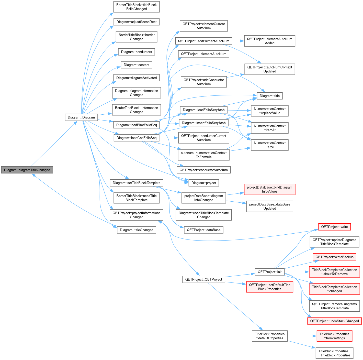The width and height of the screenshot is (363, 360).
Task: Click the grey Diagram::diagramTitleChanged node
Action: coord(27,170)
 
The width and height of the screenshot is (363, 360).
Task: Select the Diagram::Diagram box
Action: coord(81,117)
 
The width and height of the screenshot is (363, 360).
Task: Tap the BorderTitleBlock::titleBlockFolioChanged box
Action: coord(137,7)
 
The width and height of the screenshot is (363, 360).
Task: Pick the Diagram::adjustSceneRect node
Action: coord(137,22)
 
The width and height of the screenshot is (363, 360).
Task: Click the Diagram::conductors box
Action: coord(137,52)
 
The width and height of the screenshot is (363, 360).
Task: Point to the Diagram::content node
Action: coord(137,65)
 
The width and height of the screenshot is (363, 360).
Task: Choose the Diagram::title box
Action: coord(269,96)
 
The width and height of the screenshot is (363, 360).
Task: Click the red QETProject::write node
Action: coord(334,227)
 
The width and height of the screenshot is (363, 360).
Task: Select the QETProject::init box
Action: coord(269,272)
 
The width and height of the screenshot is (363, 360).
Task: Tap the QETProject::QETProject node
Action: coord(204,279)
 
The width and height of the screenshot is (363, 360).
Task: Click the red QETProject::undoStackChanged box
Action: coord(334,321)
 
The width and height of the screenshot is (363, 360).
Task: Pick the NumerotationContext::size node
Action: coord(269,145)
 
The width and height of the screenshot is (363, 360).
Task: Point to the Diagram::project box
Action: coord(204,183)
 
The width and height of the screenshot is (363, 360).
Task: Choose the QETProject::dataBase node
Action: coord(204,230)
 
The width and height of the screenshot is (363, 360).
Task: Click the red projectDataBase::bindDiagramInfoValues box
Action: coord(269,189)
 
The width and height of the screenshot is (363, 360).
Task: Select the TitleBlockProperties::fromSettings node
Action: coord(334,336)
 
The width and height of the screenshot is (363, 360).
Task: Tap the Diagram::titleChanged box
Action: coord(137,230)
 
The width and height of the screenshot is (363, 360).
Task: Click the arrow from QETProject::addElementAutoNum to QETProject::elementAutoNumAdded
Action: coord(238,41)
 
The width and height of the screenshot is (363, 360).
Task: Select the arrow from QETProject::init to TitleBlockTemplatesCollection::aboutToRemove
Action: coord(297,272)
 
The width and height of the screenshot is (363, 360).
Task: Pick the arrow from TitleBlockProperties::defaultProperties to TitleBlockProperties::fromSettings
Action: coord(302,336)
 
